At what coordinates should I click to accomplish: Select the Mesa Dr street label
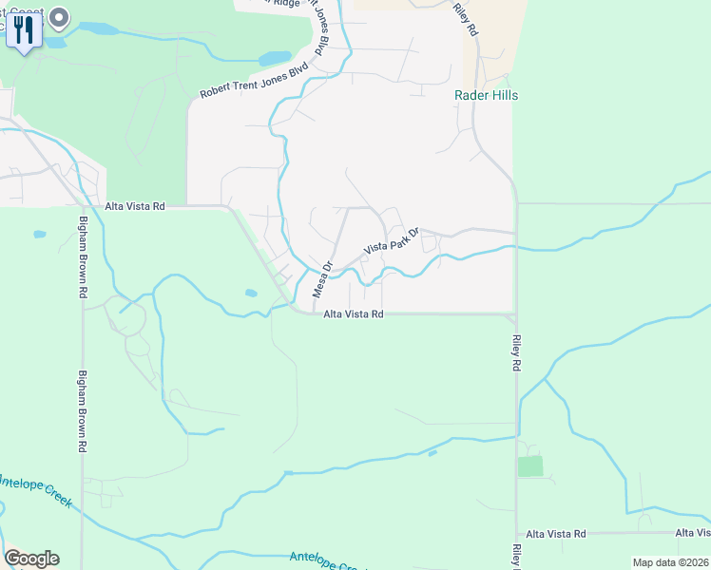[322, 279]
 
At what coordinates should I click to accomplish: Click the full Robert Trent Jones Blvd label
[254, 82]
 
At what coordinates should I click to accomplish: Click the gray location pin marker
[60, 17]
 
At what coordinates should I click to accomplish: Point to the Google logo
[31, 559]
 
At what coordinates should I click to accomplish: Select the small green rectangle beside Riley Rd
[530, 466]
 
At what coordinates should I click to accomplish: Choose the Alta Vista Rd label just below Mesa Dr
[353, 313]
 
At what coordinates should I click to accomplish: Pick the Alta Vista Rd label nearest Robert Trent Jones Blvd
[135, 205]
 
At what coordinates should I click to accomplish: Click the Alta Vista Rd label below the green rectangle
[556, 535]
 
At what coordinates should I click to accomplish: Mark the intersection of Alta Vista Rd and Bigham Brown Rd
[83, 205]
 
